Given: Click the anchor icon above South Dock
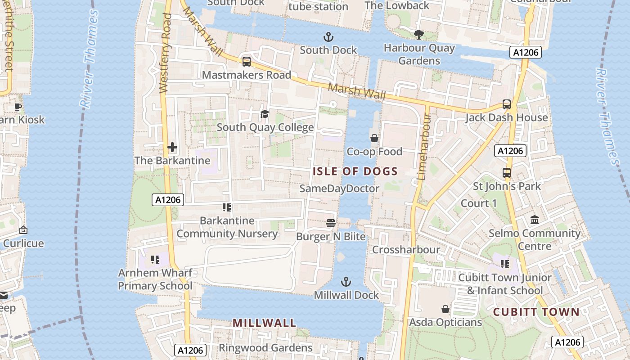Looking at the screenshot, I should click(328, 36).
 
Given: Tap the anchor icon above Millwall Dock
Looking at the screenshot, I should click(346, 282).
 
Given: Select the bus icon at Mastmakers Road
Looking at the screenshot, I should click(246, 62).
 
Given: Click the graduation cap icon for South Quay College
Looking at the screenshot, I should click(265, 114).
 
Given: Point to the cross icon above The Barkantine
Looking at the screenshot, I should click(172, 147).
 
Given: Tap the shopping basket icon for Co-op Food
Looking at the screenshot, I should click(374, 138).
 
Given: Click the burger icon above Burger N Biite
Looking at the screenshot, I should click(331, 223).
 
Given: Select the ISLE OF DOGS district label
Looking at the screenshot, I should click(355, 171).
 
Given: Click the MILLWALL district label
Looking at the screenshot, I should click(264, 323).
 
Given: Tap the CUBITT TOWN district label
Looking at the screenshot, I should click(536, 312).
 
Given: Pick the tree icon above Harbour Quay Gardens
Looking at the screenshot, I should click(418, 34).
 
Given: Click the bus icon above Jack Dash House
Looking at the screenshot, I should click(507, 104).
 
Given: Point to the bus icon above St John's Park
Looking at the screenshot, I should click(507, 173).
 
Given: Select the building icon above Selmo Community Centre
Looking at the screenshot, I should click(535, 220).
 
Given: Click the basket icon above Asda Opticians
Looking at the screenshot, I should click(445, 309).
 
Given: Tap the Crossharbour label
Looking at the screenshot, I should click(406, 249).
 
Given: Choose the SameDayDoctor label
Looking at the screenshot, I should click(339, 188).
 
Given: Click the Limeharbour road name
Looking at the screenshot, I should click(423, 147).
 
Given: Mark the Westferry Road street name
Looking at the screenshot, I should click(166, 53).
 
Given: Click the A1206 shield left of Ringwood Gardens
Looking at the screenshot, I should click(191, 350).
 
